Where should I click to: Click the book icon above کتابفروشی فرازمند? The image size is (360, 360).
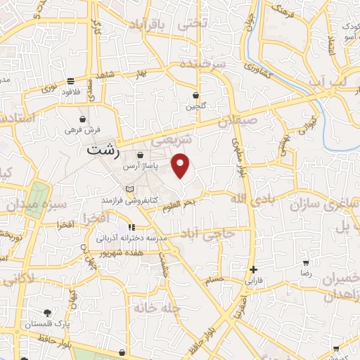point(128,189)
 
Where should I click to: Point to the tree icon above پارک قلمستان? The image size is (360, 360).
point(47,312)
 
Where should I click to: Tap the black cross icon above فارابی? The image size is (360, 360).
point(253,269)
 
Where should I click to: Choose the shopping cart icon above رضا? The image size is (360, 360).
point(305,262)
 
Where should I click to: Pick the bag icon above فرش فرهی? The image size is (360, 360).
point(83,119)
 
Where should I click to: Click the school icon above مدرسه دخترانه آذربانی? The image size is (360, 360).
point(131,227)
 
